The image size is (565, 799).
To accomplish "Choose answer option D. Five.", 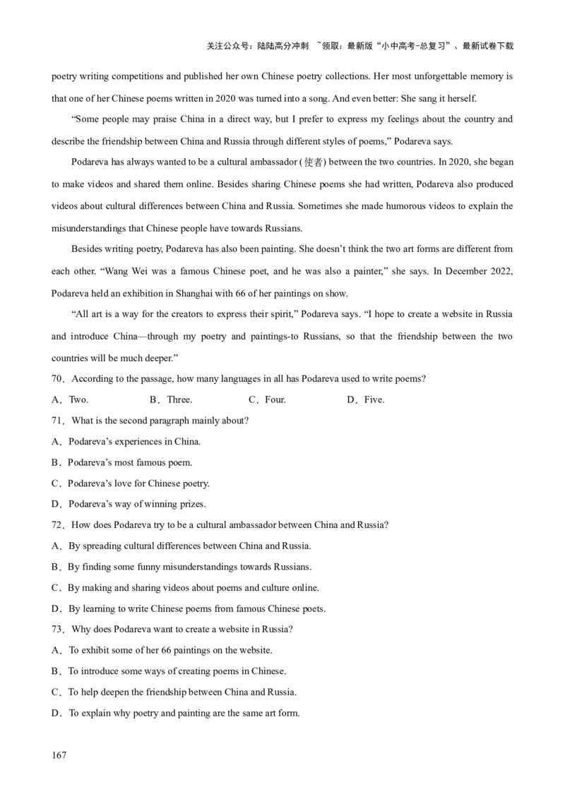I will point(366,399).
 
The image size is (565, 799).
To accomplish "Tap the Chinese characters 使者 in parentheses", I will point(313,162).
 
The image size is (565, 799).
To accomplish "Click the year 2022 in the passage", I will point(501,272).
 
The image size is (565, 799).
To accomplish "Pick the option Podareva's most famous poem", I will point(130,462).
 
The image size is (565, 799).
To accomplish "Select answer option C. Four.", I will point(267,399).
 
